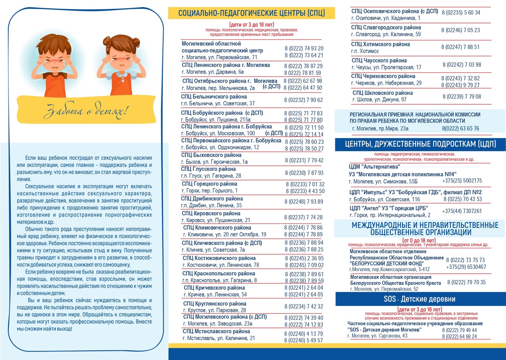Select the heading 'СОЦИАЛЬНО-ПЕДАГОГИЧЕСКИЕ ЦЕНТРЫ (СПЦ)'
(x=251, y=13)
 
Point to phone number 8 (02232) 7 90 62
(x=303, y=100)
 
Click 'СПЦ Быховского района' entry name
(x=211, y=155)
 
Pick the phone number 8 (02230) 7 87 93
(x=304, y=173)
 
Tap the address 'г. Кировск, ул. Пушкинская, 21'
(x=216, y=220)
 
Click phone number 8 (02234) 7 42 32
(x=303, y=307)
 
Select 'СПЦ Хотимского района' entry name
(x=380, y=44)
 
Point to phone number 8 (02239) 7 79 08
(x=462, y=97)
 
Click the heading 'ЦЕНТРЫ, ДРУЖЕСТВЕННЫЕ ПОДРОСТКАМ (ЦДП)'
(x=420, y=144)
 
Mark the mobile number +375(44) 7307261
(x=462, y=211)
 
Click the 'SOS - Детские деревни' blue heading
(x=419, y=299)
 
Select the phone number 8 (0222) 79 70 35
(x=466, y=282)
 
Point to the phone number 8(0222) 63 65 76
(x=460, y=128)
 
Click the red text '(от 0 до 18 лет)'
(x=419, y=241)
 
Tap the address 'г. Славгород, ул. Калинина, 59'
(x=386, y=34)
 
